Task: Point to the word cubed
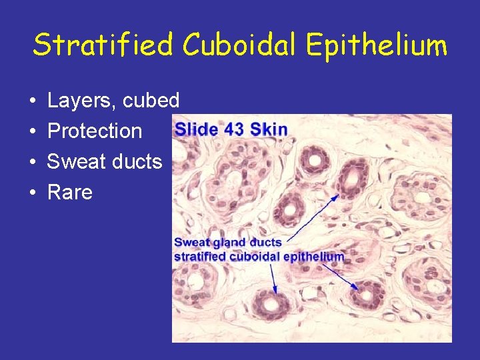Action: point(151,101)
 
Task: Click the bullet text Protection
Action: point(95,131)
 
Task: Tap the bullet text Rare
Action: point(70,193)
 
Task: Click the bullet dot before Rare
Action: point(33,193)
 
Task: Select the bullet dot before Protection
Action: point(33,132)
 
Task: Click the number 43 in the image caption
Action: point(235,129)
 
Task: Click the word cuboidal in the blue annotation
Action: point(257,256)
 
